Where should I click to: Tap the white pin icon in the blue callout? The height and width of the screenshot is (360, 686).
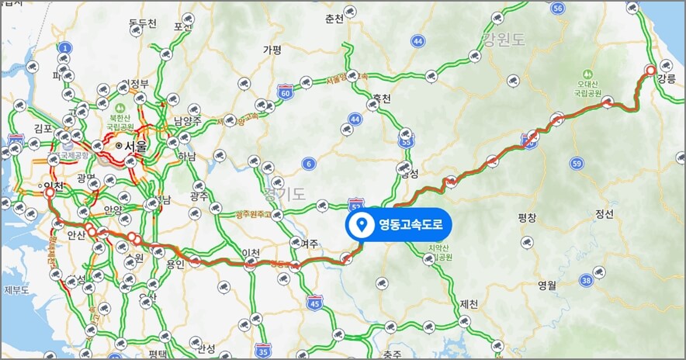pos(360,226)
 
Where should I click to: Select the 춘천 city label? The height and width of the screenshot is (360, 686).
pos(334,19)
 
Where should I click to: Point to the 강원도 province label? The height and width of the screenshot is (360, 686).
pos(504,39)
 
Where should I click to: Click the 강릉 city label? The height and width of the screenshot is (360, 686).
pos(667,78)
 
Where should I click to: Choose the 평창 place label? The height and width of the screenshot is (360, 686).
pos(527,218)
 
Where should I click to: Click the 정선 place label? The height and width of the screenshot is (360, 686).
pos(604,213)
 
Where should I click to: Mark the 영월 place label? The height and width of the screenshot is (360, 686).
pos(547,285)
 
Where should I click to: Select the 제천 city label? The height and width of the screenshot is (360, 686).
pos(469,303)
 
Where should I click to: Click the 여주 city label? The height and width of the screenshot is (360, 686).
pos(310,243)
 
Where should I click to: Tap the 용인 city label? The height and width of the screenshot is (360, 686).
pos(175,263)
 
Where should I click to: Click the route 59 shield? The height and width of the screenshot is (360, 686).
pos(576,163)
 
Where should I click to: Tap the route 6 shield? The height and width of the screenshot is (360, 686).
pos(309,163)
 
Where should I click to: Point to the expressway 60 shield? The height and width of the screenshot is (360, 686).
pos(286,93)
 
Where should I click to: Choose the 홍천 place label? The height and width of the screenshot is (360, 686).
pos(381,99)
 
